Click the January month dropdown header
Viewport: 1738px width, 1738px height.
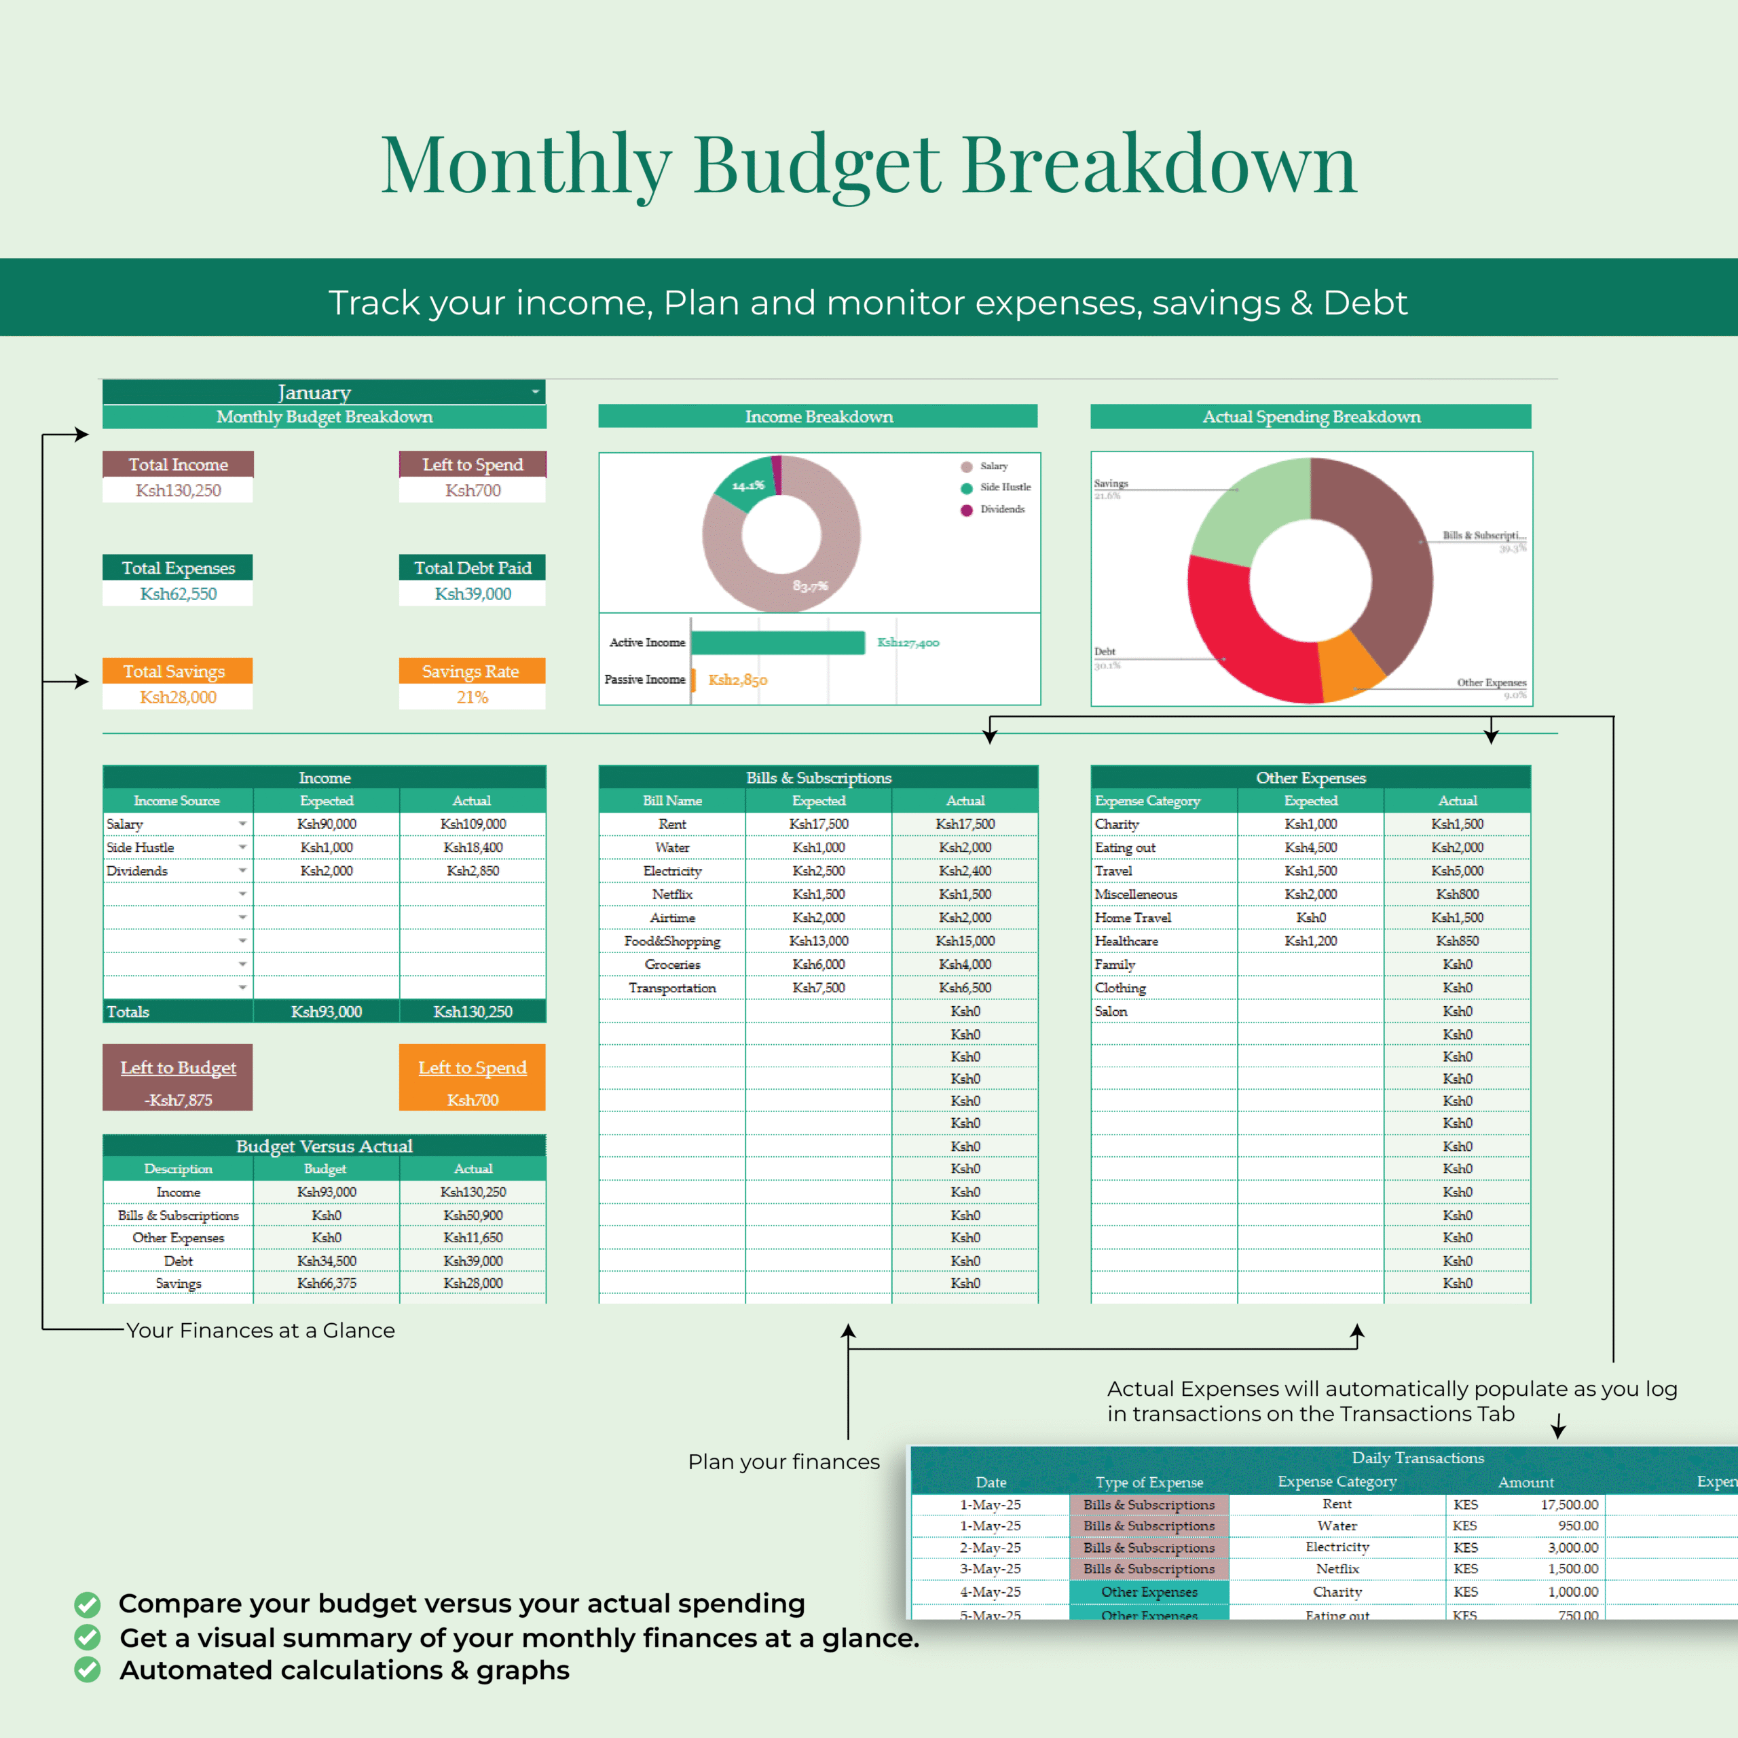tap(315, 392)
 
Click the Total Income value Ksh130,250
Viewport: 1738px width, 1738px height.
tap(178, 490)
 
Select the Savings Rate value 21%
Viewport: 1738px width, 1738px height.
tap(473, 697)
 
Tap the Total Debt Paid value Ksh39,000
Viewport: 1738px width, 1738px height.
tap(473, 594)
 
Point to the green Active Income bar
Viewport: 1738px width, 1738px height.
tap(777, 642)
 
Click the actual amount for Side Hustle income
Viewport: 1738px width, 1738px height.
tap(473, 847)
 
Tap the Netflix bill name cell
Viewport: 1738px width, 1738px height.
tap(672, 894)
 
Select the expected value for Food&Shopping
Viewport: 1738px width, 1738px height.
tap(819, 941)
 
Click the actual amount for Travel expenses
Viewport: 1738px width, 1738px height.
tap(1458, 871)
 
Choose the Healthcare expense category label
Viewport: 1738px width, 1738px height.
tap(1126, 941)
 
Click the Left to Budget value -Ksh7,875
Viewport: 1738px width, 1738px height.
tap(178, 1101)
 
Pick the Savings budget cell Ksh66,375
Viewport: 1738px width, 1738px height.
tap(327, 1283)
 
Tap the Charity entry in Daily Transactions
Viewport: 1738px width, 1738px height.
tap(1337, 1591)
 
